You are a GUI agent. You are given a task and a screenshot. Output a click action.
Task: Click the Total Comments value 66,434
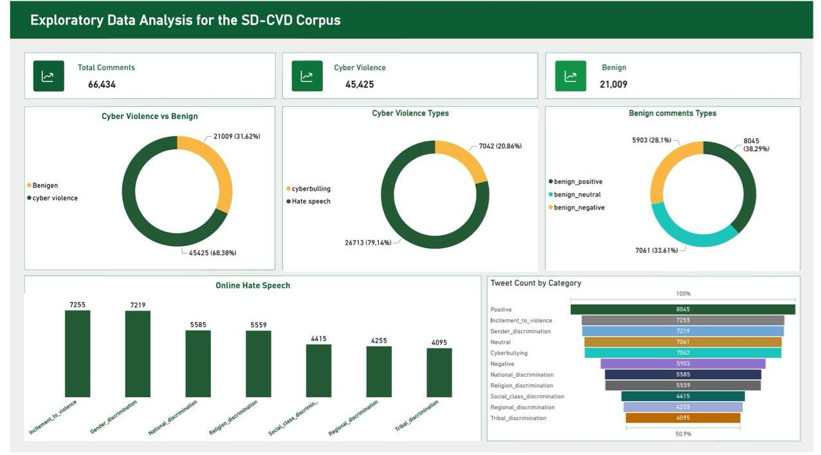pos(102,84)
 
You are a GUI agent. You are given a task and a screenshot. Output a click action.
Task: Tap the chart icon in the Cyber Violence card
pos(307,76)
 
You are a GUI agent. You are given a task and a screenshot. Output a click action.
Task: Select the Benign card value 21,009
pos(613,84)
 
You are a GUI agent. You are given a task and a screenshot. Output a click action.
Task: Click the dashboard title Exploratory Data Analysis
pos(185,20)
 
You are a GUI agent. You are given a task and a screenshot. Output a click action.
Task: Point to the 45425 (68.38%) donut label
pos(212,253)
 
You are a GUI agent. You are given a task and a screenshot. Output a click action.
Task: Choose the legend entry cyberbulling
pos(311,189)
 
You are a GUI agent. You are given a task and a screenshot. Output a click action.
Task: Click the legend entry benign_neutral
pos(577,195)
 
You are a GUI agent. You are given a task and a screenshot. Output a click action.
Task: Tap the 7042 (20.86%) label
pos(500,147)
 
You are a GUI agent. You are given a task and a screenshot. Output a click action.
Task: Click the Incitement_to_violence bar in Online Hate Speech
pos(78,353)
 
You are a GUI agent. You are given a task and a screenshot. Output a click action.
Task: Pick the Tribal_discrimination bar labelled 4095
pos(439,373)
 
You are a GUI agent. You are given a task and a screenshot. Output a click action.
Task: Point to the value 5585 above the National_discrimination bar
pos(198,325)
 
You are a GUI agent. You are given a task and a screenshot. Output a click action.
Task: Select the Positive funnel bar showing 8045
pos(683,310)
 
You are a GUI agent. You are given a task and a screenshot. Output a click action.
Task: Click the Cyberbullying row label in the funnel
pos(509,353)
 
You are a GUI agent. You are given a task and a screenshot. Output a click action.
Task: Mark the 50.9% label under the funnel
pos(683,434)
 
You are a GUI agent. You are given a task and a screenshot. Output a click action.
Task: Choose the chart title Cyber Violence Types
pos(410,113)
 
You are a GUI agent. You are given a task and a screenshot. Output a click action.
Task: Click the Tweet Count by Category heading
pos(535,283)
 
